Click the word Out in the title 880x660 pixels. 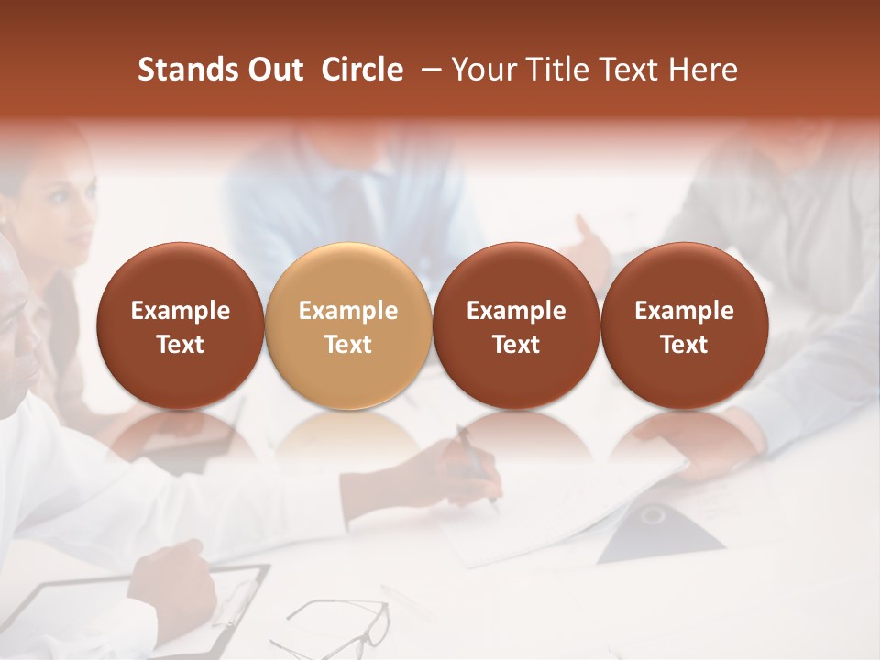273,70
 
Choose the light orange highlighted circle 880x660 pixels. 348,326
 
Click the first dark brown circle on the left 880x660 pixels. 181,326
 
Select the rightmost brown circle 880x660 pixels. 684,326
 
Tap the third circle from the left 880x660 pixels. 516,326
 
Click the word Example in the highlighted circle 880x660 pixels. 348,311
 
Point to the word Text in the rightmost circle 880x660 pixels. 684,345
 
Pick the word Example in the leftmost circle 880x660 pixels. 181,311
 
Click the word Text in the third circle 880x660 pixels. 516,345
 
